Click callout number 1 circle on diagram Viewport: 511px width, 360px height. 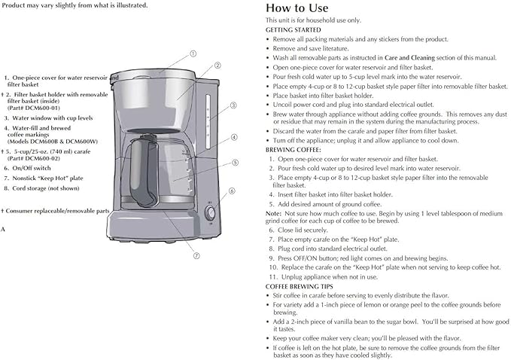coord(193,53)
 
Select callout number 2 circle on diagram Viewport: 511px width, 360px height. coord(217,66)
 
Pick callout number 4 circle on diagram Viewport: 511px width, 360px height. coord(234,138)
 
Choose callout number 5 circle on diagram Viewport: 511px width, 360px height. coord(236,162)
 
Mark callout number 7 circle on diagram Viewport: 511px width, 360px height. coord(196,255)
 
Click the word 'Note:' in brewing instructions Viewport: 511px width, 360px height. coord(274,212)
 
